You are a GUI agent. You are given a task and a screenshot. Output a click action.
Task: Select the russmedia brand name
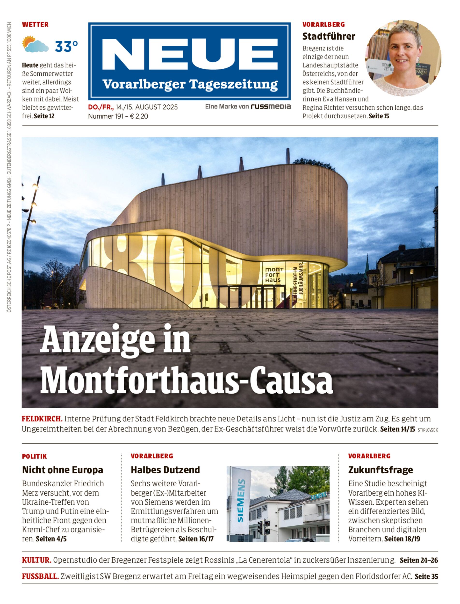click(x=271, y=107)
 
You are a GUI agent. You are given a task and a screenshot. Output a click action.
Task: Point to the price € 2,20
click(x=139, y=116)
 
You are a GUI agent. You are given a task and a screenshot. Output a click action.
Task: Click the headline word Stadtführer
click(x=329, y=36)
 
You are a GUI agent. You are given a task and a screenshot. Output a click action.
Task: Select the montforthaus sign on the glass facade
click(x=273, y=275)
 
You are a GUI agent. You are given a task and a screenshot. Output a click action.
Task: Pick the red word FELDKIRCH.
click(x=42, y=419)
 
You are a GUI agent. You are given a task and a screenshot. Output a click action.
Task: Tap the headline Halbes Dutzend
click(x=165, y=470)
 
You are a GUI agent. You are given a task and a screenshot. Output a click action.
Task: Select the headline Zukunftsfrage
click(x=380, y=470)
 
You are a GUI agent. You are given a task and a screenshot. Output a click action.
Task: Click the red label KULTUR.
click(x=37, y=560)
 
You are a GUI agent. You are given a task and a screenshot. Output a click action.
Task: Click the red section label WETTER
click(x=35, y=24)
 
